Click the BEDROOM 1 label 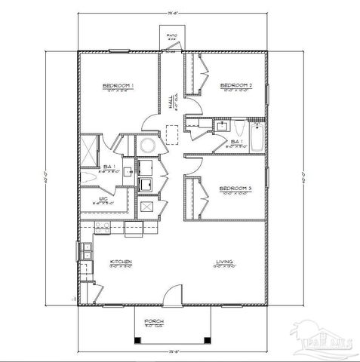(x=118, y=87)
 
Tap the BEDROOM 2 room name (x=236, y=87)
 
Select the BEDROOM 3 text (x=236, y=188)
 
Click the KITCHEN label (x=121, y=262)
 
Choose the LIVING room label (x=225, y=262)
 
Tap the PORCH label (x=154, y=321)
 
